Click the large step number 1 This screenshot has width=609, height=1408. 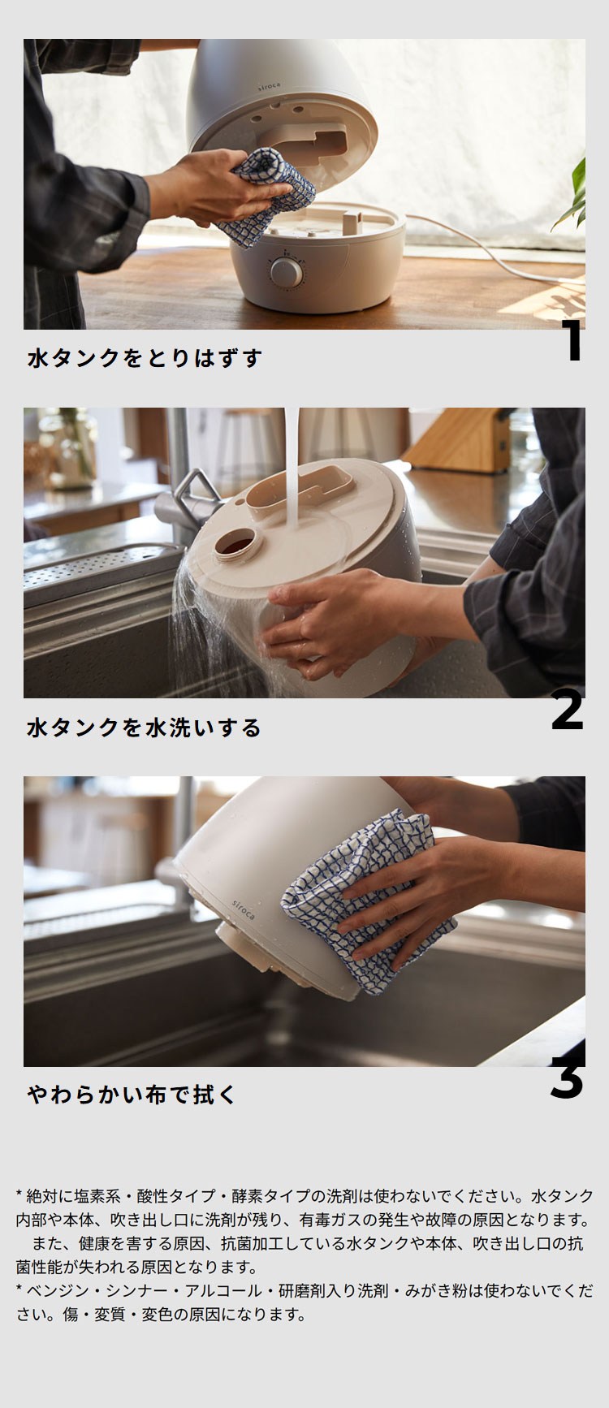[573, 342]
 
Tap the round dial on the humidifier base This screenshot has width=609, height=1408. [285, 271]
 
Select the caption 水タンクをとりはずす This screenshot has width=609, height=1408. [145, 358]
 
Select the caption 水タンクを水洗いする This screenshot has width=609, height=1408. [144, 727]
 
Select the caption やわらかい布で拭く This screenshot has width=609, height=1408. [132, 1095]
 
